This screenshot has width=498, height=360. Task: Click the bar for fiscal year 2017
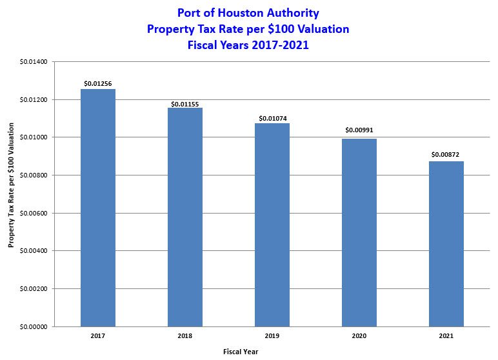point(98,208)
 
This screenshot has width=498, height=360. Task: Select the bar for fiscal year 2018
point(185,217)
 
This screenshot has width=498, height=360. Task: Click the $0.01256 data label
point(98,84)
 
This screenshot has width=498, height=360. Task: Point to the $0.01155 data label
point(185,103)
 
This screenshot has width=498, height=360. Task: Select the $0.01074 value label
point(272,119)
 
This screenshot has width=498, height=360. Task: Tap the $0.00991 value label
point(359,130)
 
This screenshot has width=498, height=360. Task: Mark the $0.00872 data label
point(446,155)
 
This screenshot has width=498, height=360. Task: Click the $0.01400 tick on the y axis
point(34,62)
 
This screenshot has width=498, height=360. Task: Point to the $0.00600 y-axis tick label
point(34,213)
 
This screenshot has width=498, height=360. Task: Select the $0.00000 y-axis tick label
point(34,326)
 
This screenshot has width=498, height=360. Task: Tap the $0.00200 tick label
point(34,288)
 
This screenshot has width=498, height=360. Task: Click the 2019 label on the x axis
point(272,336)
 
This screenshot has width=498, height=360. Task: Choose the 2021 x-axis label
point(446,336)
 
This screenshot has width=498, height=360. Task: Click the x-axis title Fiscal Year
point(240,352)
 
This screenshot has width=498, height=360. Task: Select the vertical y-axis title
point(11,194)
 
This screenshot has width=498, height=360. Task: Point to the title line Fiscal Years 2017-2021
point(248,45)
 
